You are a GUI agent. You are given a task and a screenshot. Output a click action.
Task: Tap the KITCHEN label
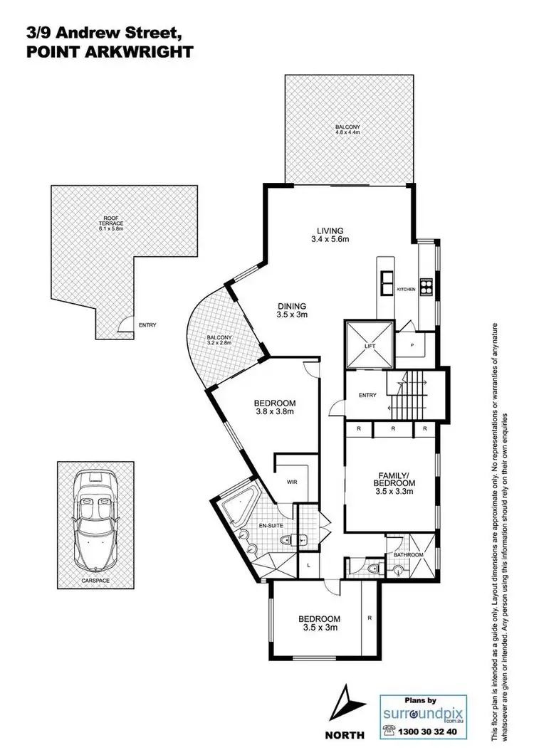(x=405, y=289)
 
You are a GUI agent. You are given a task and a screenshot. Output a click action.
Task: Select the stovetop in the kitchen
(x=426, y=287)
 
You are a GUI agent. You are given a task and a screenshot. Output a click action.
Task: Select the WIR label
(x=291, y=482)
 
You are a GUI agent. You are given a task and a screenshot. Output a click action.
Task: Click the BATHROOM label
(x=409, y=554)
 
